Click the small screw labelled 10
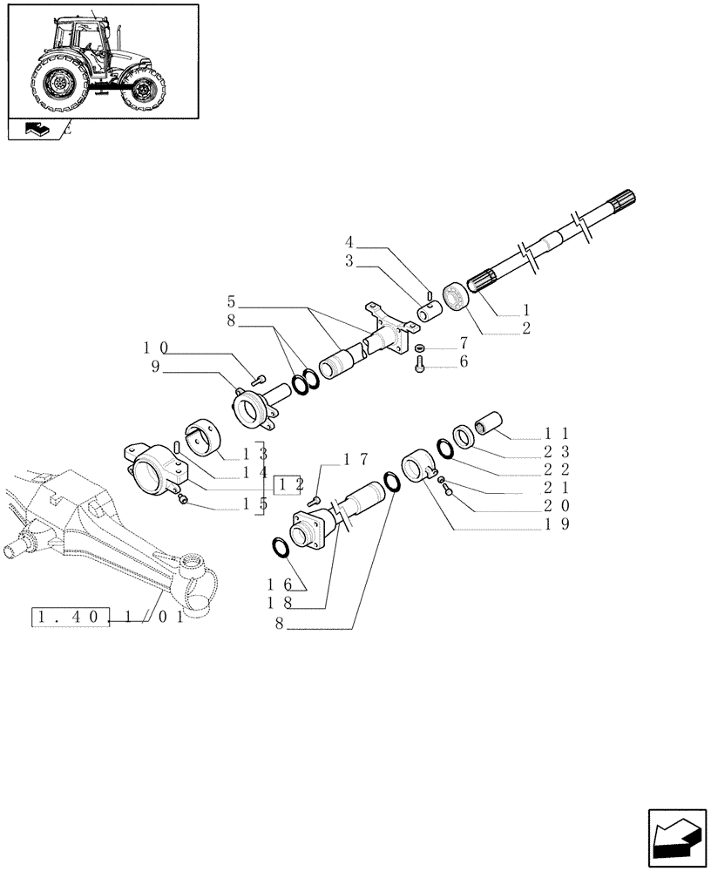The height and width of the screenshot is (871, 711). click(x=258, y=378)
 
